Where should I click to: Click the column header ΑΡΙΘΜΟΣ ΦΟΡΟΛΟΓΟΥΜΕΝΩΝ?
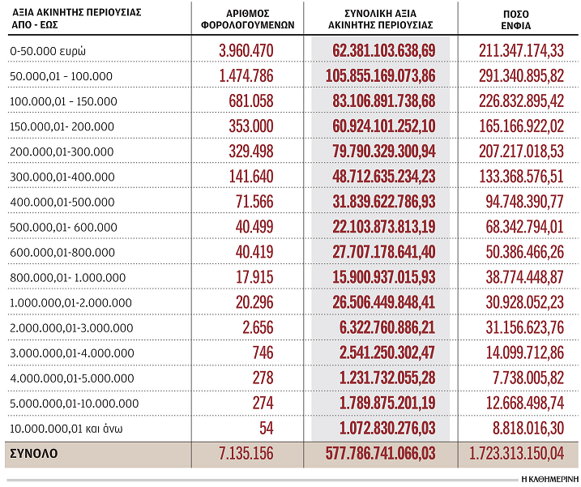(x=246, y=19)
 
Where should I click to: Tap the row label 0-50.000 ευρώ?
(x=49, y=51)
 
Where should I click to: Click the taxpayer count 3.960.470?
(x=246, y=51)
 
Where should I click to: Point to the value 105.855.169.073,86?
(x=383, y=76)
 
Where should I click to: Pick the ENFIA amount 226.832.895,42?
(x=522, y=101)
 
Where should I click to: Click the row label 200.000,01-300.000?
(x=62, y=152)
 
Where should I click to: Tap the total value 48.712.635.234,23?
(x=383, y=177)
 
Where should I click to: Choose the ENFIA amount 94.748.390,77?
(x=522, y=202)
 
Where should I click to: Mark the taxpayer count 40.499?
(x=254, y=227)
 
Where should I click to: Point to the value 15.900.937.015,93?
(x=383, y=277)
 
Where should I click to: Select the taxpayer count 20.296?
(x=254, y=302)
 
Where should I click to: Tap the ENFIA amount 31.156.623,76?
(x=522, y=327)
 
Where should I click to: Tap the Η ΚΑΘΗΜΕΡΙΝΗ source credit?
(x=548, y=478)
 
